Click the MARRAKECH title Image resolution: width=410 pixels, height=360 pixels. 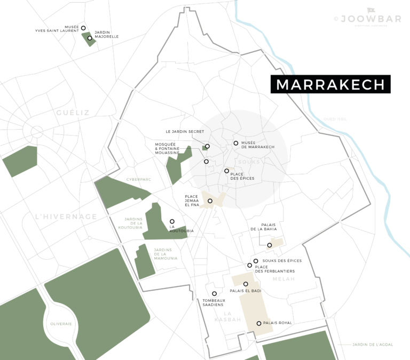[x=330, y=85]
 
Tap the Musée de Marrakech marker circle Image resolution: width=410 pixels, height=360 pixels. [x=235, y=143]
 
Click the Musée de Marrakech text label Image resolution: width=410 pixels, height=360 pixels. [x=258, y=145]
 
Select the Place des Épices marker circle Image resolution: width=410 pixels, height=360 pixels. [x=226, y=171]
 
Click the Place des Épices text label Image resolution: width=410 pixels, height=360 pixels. [x=242, y=175]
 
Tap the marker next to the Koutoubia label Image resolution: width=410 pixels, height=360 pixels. [x=172, y=221]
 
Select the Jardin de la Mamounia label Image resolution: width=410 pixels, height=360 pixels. [x=165, y=254]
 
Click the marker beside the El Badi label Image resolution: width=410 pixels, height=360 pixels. [x=246, y=284]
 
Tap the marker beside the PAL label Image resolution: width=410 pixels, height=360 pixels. [x=259, y=323]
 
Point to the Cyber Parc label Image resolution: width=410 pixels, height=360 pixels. [x=139, y=180]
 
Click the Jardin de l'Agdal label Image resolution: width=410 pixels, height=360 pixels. [x=373, y=345]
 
